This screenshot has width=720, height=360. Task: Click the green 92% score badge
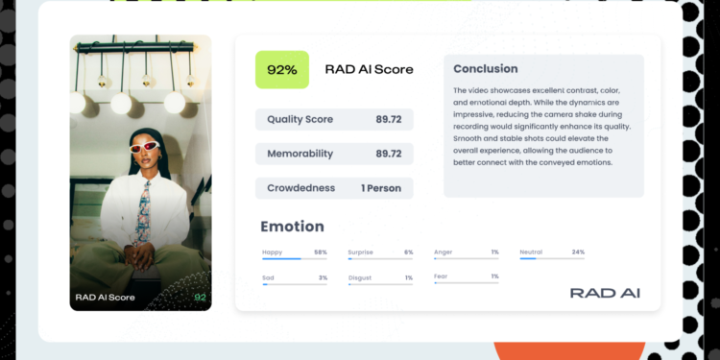[281, 69]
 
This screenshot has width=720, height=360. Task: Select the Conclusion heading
[485, 69]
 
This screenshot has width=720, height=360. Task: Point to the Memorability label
[300, 154]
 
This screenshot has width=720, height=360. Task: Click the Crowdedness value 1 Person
[381, 188]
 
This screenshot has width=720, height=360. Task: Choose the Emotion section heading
[292, 227]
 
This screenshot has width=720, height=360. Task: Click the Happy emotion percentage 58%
[321, 252]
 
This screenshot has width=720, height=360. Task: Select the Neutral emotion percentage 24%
[578, 252]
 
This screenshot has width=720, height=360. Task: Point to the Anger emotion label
[444, 252]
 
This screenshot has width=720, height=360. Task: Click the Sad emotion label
[268, 277]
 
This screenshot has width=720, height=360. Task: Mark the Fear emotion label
[442, 277]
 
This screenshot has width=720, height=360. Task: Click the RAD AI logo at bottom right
[605, 293]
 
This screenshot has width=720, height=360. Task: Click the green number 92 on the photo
[200, 298]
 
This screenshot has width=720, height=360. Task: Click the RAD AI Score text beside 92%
[369, 69]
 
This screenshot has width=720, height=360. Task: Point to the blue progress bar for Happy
[281, 258]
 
